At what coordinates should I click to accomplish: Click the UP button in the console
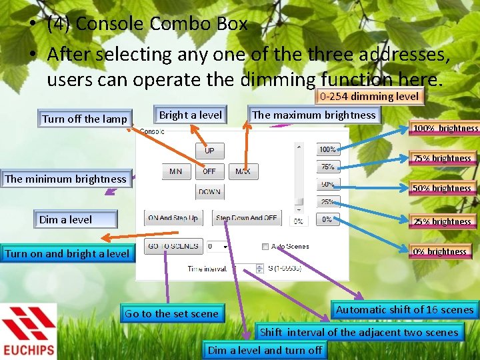(x=209, y=151)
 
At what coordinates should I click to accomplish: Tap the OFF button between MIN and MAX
(x=209, y=171)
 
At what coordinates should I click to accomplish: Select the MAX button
(x=243, y=171)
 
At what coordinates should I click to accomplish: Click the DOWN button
(x=209, y=192)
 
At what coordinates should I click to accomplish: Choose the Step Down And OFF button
(x=246, y=218)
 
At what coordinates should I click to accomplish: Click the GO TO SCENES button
(x=173, y=246)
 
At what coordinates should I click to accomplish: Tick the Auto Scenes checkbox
(x=265, y=247)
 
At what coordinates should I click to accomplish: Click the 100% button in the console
(x=327, y=149)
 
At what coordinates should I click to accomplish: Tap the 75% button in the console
(x=327, y=167)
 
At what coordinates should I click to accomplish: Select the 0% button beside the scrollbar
(x=327, y=219)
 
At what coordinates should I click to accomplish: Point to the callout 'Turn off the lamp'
(x=85, y=119)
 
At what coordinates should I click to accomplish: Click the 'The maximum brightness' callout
(x=313, y=115)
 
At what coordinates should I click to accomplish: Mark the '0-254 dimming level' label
(x=369, y=96)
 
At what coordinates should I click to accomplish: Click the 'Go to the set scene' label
(x=171, y=313)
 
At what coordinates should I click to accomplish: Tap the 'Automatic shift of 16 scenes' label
(x=405, y=309)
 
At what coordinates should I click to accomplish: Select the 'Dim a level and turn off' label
(x=265, y=350)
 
